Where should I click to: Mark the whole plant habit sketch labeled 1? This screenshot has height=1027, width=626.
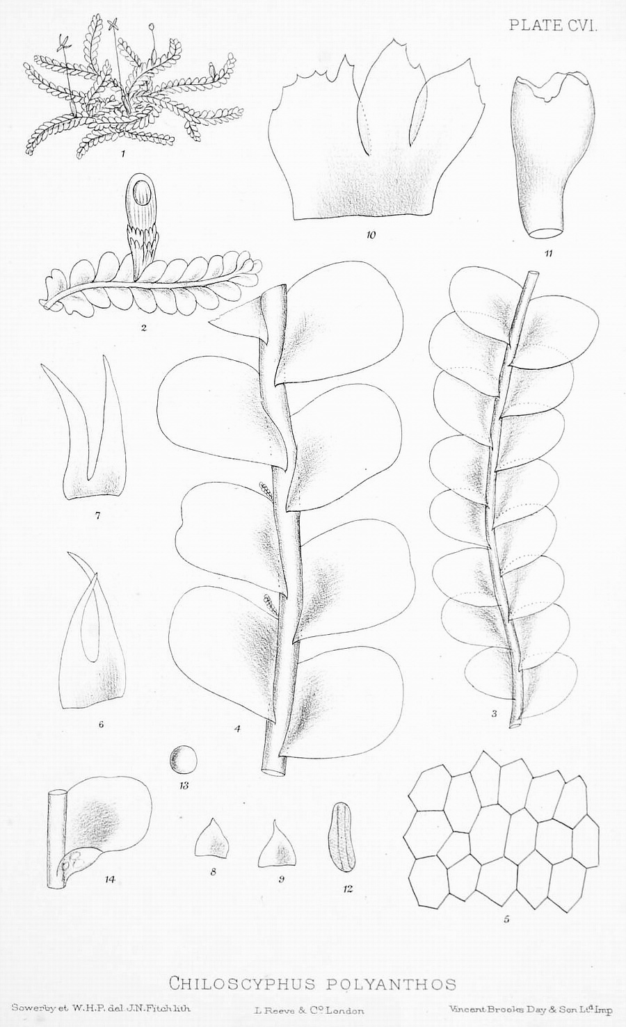[133, 85]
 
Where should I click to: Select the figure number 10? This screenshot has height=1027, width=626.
[371, 235]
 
